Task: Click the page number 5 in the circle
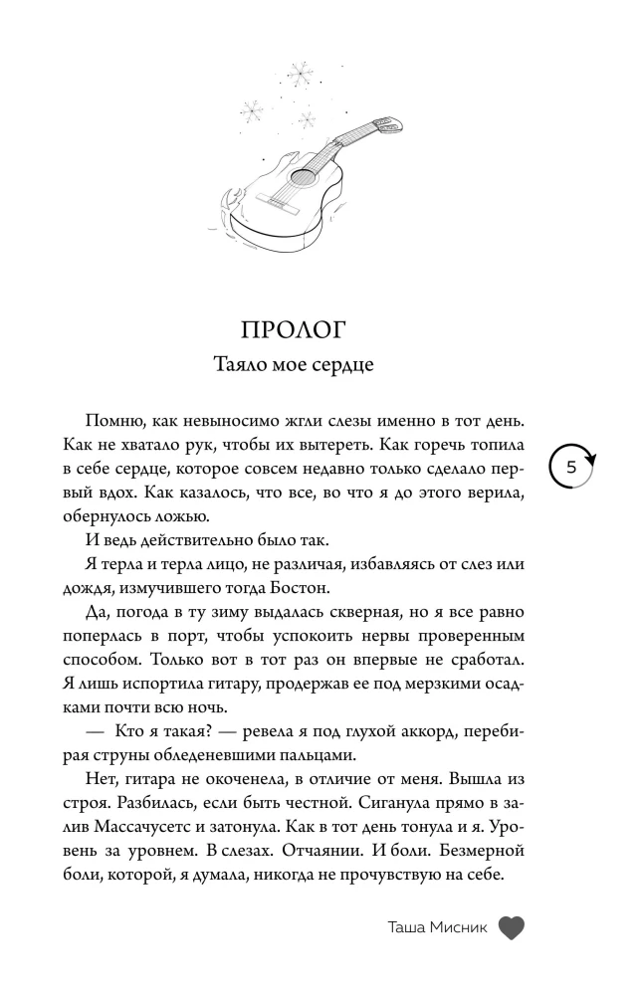point(571,467)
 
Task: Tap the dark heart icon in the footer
point(511,927)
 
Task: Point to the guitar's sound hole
point(297,178)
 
